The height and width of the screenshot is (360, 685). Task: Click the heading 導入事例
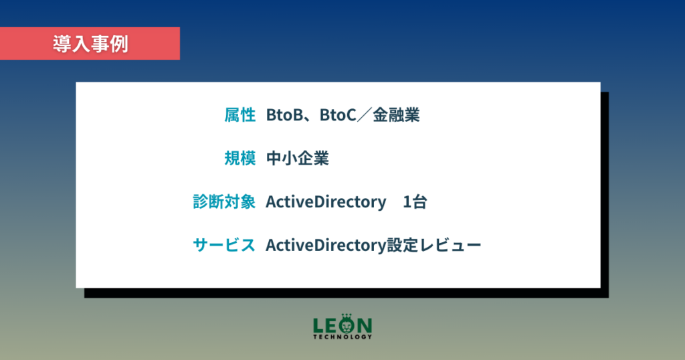click(x=90, y=44)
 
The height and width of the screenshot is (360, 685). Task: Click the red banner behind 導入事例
click(x=90, y=43)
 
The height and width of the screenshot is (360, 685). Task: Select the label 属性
click(x=240, y=115)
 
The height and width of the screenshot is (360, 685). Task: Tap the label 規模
click(x=240, y=158)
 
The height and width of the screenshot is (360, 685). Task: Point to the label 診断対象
click(x=224, y=202)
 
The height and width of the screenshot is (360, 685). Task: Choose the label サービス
click(x=224, y=245)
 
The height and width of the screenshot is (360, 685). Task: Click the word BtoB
click(x=284, y=115)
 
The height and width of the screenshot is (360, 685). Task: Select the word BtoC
click(x=338, y=115)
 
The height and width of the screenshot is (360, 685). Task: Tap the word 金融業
click(x=396, y=115)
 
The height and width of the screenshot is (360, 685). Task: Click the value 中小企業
click(x=298, y=158)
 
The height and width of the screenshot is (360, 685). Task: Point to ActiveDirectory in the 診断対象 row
click(x=326, y=202)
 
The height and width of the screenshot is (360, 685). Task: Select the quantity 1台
click(x=415, y=202)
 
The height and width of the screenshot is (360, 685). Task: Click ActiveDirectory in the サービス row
click(x=326, y=246)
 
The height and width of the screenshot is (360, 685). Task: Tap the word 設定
click(x=402, y=245)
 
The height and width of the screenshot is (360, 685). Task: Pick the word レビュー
click(x=450, y=245)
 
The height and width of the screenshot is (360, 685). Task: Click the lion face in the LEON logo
click(x=347, y=325)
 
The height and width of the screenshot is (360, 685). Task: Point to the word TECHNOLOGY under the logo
click(x=342, y=337)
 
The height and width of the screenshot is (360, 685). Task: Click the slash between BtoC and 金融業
click(x=365, y=115)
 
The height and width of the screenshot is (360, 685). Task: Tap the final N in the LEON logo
click(x=365, y=325)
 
